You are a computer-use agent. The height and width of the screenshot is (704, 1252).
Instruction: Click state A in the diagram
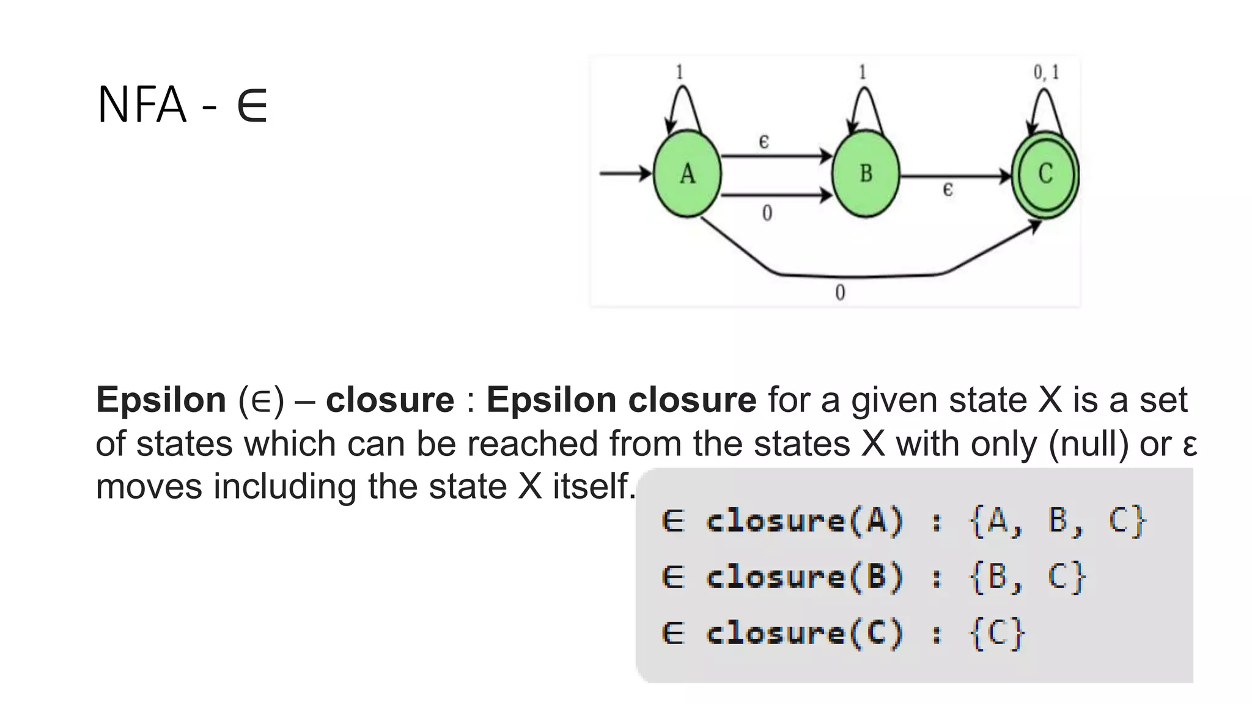pos(687,174)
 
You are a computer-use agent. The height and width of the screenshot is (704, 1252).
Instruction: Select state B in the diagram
pos(866,174)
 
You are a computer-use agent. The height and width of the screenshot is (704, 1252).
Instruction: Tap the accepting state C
pos(1045,174)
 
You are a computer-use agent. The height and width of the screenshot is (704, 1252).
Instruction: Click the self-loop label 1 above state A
pos(679,73)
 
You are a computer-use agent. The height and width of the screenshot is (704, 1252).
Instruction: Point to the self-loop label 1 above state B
pos(863,73)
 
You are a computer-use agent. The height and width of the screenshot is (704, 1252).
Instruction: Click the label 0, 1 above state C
pos(1046,73)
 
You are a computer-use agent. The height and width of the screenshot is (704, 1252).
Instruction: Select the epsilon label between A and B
pos(764,142)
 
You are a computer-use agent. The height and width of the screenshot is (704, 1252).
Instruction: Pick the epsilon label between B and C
pos(948,190)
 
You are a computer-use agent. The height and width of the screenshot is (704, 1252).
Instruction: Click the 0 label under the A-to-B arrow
pos(767,213)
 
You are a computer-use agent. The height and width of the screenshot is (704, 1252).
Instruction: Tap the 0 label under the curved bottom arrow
pos(840,293)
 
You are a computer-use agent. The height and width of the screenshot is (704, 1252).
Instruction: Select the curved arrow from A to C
pos(856,276)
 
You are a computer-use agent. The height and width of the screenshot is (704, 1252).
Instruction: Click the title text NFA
pos(142,105)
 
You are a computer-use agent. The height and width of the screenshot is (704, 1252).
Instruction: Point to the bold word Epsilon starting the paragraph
pos(161,400)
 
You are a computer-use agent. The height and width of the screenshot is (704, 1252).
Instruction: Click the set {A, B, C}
pos(1058,521)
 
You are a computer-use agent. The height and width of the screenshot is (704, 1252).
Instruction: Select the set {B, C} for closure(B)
pos(1028,577)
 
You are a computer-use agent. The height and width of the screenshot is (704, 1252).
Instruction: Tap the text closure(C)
pos(805,633)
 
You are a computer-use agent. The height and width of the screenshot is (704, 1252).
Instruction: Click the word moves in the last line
pos(149,487)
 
